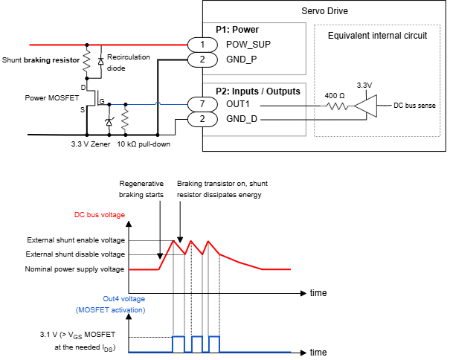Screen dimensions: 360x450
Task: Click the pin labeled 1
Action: point(202,45)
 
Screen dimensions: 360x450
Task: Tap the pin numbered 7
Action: point(202,104)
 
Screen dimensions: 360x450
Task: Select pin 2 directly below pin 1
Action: point(202,60)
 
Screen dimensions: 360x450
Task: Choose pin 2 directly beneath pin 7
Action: point(202,119)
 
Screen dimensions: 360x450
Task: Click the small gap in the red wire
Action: point(87,45)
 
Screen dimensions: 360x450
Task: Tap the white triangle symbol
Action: point(366,106)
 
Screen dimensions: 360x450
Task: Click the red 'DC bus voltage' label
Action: point(99,214)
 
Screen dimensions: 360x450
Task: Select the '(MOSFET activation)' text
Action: point(110,309)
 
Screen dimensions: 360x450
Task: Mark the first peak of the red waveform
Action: point(174,241)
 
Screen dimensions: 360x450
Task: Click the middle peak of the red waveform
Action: point(190,241)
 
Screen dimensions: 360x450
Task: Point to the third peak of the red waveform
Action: point(207,241)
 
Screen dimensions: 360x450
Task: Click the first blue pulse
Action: point(178,337)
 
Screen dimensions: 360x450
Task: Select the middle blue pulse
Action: point(196,337)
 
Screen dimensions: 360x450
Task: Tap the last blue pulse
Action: point(214,337)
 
